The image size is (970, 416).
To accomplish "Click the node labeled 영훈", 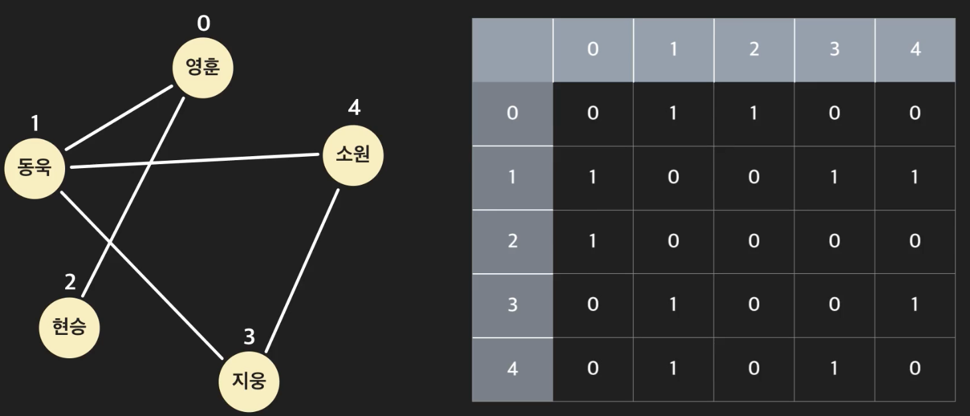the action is (203, 67).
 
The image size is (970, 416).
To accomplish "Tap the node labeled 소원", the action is (353, 156).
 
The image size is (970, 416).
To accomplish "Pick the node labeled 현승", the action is (69, 327).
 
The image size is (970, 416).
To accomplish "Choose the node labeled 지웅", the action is (249, 381).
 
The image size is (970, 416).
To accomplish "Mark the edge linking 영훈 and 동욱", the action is (120, 118).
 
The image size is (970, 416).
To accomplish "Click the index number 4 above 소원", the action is (354, 108).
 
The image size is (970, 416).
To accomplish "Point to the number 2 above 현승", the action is (70, 282).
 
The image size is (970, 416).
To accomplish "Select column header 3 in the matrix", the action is (834, 51).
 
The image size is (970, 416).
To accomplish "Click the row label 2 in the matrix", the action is (512, 241).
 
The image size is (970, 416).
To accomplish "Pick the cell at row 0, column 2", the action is (754, 114).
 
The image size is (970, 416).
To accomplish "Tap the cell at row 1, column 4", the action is (915, 178).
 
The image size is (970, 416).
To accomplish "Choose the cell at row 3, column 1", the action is (673, 305).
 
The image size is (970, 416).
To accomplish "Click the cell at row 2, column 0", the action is (593, 241).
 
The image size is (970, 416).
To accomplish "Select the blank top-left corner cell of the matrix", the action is (512, 51).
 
